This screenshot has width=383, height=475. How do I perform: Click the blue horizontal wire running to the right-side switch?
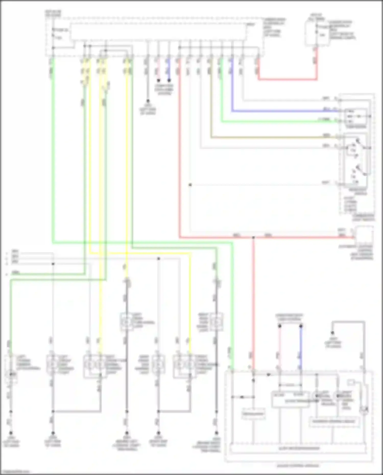click(x=281, y=111)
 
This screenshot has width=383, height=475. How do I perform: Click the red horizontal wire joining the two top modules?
click(x=287, y=80)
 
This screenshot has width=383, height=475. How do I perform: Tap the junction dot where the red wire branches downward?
click(x=253, y=238)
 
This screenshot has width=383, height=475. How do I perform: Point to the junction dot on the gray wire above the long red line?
click(x=190, y=185)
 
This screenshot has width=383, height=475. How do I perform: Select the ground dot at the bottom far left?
click(x=11, y=433)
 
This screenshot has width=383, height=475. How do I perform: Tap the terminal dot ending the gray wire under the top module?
click(x=148, y=101)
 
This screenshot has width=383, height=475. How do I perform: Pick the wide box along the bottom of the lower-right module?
click(x=298, y=448)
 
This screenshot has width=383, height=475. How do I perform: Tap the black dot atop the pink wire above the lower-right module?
click(x=280, y=326)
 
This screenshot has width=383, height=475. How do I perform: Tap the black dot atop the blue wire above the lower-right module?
click(x=301, y=326)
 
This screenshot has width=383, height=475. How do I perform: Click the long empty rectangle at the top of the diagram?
click(x=158, y=32)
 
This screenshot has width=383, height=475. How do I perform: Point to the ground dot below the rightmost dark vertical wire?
click(x=217, y=433)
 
